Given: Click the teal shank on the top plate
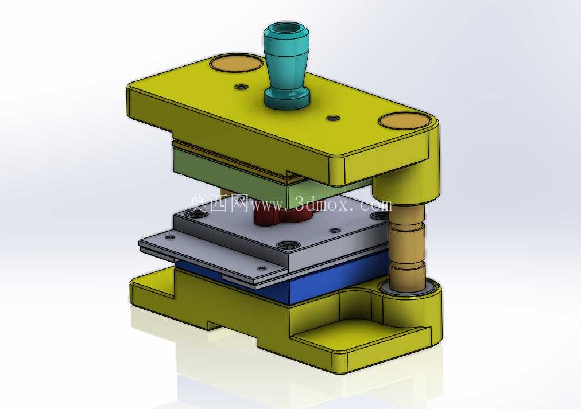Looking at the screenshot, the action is click(x=286, y=67).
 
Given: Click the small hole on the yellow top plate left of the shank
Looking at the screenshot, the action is click(x=242, y=87).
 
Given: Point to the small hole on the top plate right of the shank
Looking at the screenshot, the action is click(x=334, y=118).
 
